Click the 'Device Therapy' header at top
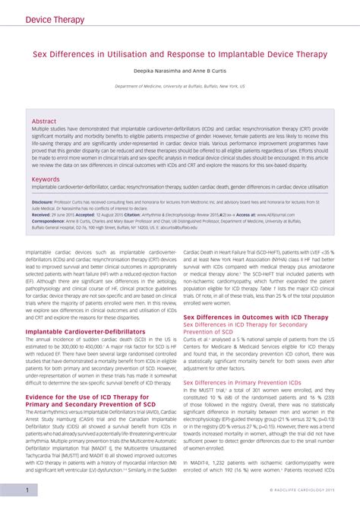[x=55, y=19]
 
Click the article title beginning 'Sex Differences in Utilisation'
[x=179, y=55]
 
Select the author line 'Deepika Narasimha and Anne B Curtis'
[x=179, y=71]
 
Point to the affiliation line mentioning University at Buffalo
[x=179, y=87]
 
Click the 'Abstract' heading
[x=44, y=121]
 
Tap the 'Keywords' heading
[x=46, y=179]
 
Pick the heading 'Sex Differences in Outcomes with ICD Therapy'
[x=256, y=317]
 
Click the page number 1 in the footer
[x=27, y=490]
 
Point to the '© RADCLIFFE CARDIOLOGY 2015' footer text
[x=301, y=491]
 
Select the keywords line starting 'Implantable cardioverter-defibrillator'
[x=179, y=186]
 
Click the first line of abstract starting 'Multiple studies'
[x=179, y=129]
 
